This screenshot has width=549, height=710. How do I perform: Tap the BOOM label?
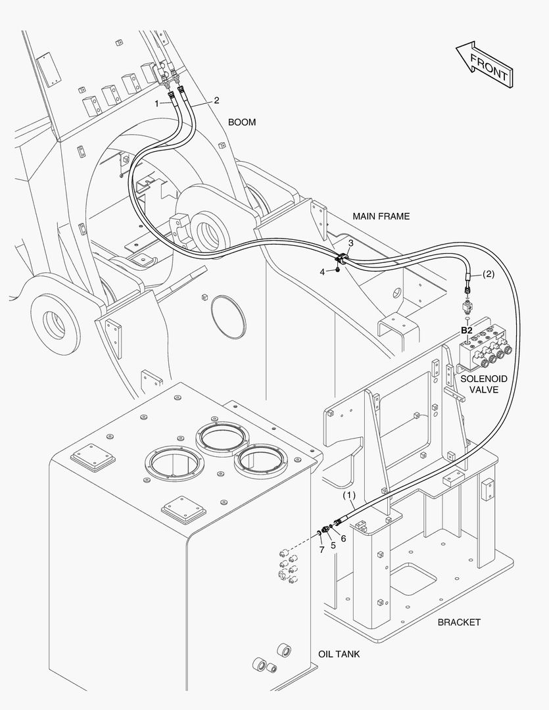click(x=242, y=122)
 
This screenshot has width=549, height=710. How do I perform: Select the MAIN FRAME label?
click(x=381, y=216)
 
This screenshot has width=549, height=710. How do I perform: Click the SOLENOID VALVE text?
click(x=483, y=384)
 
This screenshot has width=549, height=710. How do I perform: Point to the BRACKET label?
click(x=459, y=622)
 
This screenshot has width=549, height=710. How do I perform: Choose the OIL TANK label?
click(x=339, y=654)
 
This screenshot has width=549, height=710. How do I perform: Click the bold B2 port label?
click(x=466, y=330)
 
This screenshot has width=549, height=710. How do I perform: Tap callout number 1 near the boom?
click(x=157, y=103)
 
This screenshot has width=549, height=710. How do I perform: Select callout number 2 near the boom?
click(x=216, y=101)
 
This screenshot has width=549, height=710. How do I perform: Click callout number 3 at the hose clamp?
click(x=351, y=243)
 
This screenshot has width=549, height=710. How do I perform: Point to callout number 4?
click(x=322, y=270)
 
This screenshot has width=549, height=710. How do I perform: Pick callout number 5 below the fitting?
click(x=333, y=545)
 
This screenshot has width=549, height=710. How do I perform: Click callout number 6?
click(x=343, y=538)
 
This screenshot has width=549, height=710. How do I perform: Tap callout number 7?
click(x=322, y=550)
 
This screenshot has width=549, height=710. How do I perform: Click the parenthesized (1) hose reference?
click(x=349, y=495)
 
